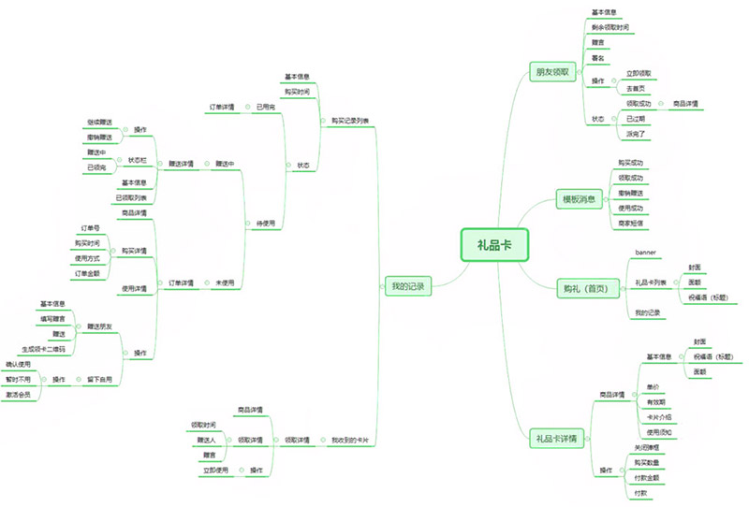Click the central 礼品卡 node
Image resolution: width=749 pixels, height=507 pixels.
(494, 245)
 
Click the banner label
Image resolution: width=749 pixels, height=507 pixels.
(647, 253)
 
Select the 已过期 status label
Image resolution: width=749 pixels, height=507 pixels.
(637, 119)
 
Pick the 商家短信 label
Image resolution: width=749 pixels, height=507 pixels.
(632, 225)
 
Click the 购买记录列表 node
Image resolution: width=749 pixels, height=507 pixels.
(349, 121)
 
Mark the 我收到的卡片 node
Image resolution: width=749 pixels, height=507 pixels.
(349, 440)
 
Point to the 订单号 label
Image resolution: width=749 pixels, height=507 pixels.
(90, 227)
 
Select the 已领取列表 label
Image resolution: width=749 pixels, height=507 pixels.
(131, 197)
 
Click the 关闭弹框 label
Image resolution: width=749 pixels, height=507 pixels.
(649, 447)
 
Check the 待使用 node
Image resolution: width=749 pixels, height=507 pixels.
(266, 224)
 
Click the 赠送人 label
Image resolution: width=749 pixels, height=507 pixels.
(205, 440)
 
